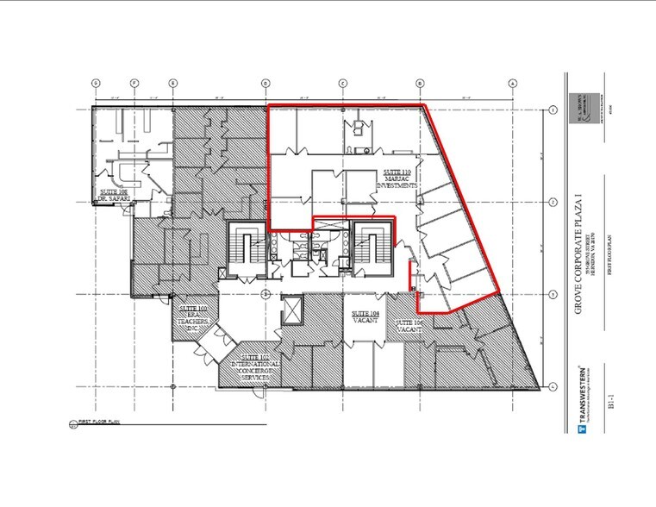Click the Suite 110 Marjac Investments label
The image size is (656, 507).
[399, 179]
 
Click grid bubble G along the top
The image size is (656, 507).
[96, 83]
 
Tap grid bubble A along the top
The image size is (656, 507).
[512, 83]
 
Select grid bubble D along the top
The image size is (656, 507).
[265, 83]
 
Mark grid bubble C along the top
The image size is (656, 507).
[342, 83]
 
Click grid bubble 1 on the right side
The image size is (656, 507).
[552, 110]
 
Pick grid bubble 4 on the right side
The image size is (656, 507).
[552, 386]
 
